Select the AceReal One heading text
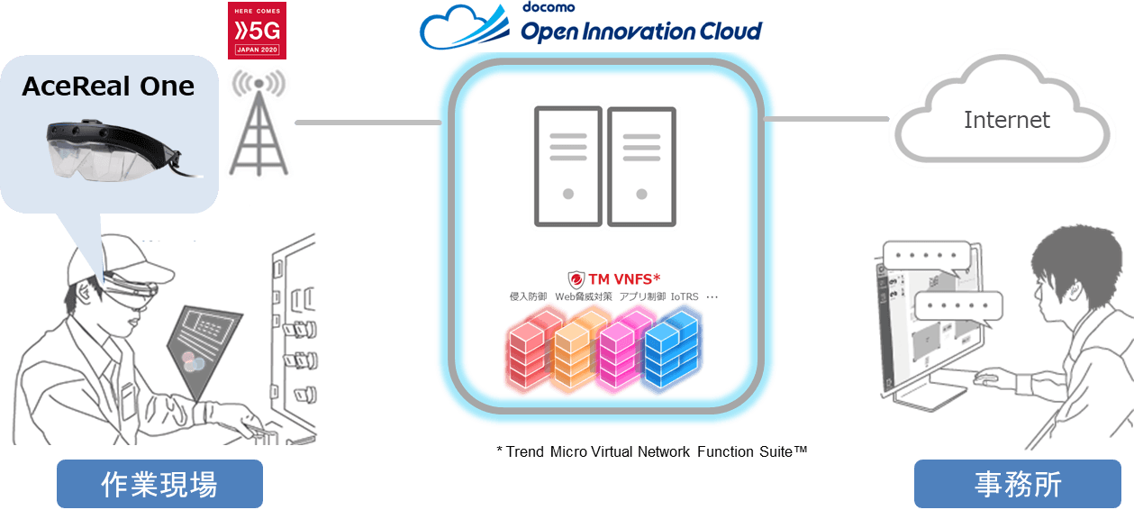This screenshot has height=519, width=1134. tap(108, 86)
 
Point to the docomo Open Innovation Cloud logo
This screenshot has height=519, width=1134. tap(594, 26)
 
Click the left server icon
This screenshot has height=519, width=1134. tap(567, 167)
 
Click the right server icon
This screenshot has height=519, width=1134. tap(641, 167)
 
